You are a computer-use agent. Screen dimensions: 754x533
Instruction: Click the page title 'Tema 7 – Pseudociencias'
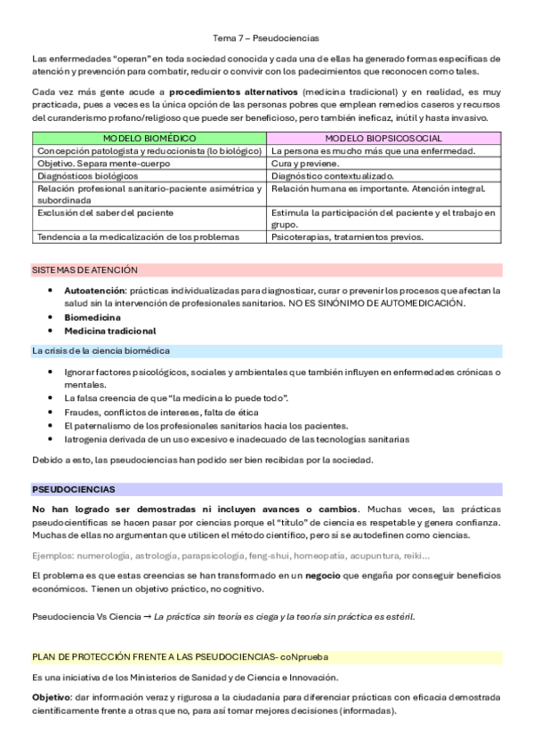tap(266, 39)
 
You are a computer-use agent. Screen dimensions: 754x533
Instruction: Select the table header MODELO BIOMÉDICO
tap(149, 139)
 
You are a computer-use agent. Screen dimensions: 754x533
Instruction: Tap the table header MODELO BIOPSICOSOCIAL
tap(384, 139)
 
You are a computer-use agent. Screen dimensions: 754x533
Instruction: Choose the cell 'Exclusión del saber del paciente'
tap(105, 213)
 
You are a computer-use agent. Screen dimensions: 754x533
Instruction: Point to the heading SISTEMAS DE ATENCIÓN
tap(85, 270)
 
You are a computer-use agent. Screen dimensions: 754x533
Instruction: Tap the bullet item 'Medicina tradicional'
tap(110, 331)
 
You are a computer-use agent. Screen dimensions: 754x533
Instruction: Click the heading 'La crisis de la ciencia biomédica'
tap(101, 351)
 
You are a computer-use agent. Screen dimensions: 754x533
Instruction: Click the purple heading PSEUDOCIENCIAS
tap(74, 490)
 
